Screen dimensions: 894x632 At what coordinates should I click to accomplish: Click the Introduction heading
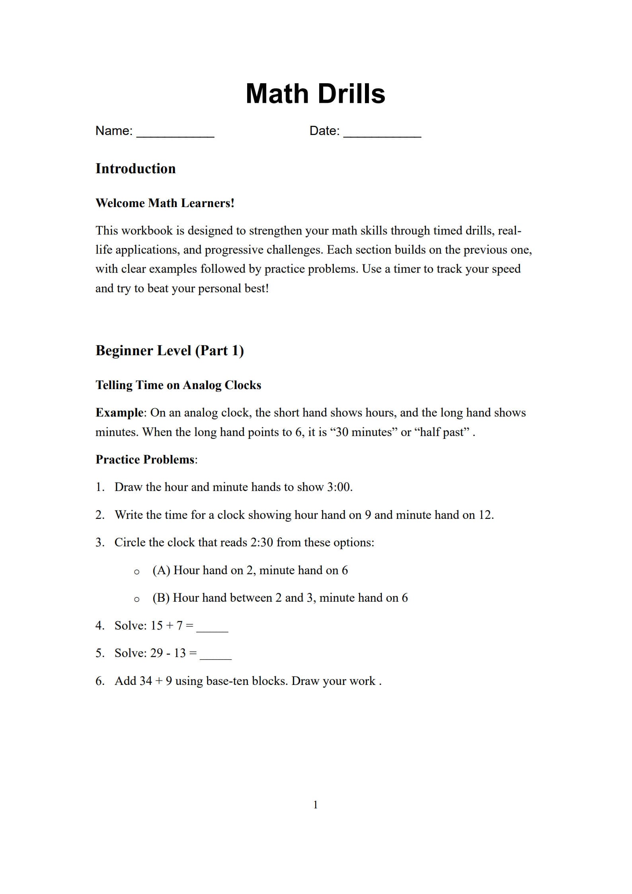pos(135,168)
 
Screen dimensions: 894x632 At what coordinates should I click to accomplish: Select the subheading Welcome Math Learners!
pos(165,203)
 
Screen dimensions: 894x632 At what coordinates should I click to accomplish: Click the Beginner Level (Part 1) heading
pos(170,350)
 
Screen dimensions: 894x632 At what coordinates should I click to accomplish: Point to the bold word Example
pos(119,413)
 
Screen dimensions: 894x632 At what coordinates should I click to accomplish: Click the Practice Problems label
pos(145,460)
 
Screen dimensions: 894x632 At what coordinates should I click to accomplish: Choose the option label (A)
pos(161,570)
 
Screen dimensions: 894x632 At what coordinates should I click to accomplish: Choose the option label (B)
pos(161,598)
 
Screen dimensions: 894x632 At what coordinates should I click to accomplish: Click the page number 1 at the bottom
pos(316,805)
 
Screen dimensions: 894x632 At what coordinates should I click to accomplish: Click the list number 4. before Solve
pos(99,626)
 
